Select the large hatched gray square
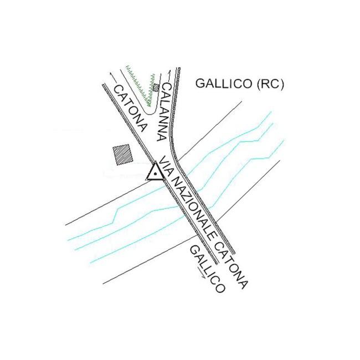[x=122, y=153]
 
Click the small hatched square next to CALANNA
[x=156, y=87]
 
